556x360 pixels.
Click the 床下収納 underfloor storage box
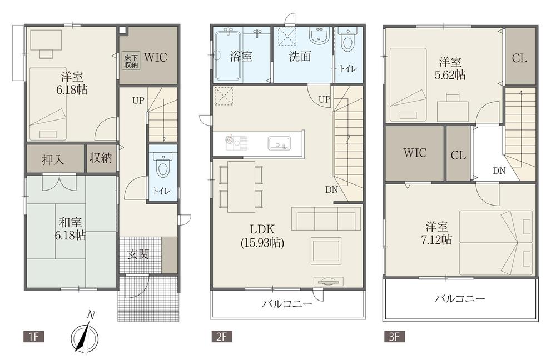coord(132,61)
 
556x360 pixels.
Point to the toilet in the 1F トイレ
coord(163,165)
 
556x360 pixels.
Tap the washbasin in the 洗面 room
coord(319,38)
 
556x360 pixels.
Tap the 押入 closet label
coord(53,159)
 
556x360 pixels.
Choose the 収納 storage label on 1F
coord(101,158)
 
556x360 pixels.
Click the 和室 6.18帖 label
coord(70,229)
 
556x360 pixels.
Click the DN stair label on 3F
coord(499,171)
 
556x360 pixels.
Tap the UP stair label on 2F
coord(324,99)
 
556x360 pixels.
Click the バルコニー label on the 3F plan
coord(459,299)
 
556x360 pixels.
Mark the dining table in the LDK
coord(241,186)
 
